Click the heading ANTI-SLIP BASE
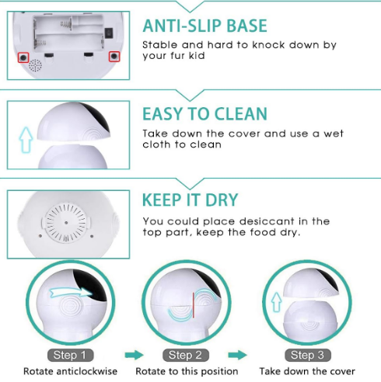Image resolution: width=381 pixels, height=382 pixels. click(204, 26)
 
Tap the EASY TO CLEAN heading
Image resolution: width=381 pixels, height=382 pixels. click(204, 114)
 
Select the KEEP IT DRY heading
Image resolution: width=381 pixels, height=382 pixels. click(190, 200)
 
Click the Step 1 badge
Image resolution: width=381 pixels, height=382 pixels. click(70, 355)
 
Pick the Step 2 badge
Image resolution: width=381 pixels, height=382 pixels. click(185, 355)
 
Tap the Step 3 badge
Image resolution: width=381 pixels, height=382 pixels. click(307, 355)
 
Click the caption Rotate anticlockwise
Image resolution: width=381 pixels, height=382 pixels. click(70, 371)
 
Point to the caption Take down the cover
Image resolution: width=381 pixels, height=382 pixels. click(307, 371)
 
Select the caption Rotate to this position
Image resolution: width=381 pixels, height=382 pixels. click(187, 371)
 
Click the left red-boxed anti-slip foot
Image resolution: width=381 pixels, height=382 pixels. click(23, 57)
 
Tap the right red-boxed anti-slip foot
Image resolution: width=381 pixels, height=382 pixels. click(114, 56)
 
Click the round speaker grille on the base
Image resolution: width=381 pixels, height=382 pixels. click(35, 65)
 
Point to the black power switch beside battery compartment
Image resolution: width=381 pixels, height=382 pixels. click(109, 33)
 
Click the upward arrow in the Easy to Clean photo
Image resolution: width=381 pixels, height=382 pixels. click(26, 139)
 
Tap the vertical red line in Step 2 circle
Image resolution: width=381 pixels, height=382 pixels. click(194, 305)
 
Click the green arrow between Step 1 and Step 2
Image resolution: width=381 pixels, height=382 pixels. click(134, 355)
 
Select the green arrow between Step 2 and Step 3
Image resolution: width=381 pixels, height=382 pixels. click(237, 355)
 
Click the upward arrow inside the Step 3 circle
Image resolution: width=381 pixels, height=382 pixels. click(277, 302)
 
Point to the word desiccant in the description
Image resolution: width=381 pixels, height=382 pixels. click(267, 221)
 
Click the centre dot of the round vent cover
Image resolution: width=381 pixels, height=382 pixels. click(66, 222)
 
